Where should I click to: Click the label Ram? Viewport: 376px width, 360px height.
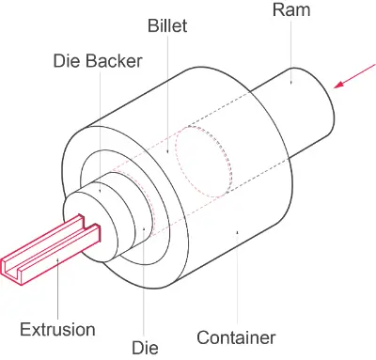292,11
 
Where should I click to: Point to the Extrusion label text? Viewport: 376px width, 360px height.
57,329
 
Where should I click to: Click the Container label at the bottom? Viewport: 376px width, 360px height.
236,337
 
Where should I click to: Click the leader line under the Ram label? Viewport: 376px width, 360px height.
291,52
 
